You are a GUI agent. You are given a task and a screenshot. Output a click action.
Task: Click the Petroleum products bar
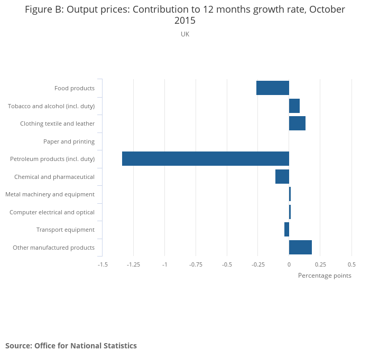[x=205, y=159]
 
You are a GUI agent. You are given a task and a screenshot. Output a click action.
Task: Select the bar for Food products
[x=273, y=88]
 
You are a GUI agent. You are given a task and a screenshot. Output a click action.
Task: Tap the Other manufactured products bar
[x=300, y=247]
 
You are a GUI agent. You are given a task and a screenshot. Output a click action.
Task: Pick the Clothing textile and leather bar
[x=297, y=124]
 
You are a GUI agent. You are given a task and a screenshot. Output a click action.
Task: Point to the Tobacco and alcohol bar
[x=294, y=106]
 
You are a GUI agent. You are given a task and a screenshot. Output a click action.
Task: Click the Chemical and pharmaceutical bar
[x=282, y=176]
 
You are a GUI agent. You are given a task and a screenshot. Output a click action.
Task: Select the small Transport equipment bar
[x=286, y=230]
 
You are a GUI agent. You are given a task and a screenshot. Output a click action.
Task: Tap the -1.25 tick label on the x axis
[x=133, y=264]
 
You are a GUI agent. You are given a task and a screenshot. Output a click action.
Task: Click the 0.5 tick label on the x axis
[x=351, y=264]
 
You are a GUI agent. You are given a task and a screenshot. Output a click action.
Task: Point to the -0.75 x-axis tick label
[x=196, y=264]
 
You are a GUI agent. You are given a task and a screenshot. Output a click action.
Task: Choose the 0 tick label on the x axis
[x=289, y=264]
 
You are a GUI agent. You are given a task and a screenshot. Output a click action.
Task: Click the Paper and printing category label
[x=69, y=141]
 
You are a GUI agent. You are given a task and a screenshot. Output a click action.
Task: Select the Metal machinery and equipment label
[x=50, y=194]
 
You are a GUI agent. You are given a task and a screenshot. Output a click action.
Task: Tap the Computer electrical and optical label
[x=52, y=212]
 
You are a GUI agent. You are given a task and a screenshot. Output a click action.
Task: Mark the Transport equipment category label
[x=65, y=230]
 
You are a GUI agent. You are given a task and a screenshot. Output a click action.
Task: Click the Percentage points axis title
[x=325, y=276]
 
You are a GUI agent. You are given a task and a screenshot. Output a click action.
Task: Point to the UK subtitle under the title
[x=185, y=34]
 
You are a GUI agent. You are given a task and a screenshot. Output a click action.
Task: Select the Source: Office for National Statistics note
[x=71, y=346]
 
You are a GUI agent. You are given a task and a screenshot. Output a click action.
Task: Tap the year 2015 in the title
[x=185, y=21]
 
